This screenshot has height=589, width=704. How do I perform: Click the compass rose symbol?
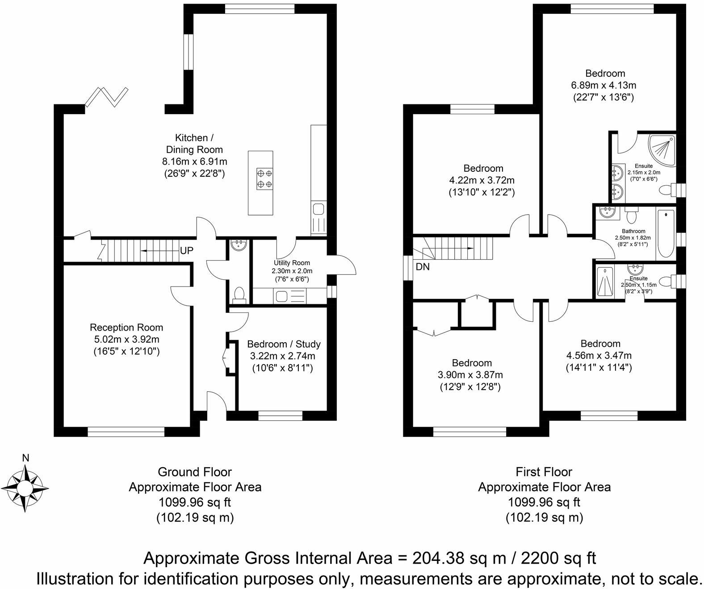point(25,488)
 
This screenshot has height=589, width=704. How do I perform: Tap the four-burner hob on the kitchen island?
point(265,179)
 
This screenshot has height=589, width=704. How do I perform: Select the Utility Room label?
point(292,263)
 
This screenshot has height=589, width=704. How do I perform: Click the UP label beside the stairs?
point(186,251)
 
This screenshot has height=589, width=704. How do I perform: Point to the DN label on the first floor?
point(423,267)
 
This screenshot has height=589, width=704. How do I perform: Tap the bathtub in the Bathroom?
point(666,233)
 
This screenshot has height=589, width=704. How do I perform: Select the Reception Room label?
point(126,328)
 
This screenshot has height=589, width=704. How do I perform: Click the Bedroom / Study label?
point(284,344)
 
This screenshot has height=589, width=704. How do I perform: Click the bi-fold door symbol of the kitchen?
point(107,97)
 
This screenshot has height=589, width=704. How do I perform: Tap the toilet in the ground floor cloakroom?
point(239,293)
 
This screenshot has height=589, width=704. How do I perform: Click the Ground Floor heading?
point(195,472)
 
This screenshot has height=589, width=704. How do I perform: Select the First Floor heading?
point(544,472)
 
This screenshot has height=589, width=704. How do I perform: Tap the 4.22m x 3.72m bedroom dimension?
point(482,180)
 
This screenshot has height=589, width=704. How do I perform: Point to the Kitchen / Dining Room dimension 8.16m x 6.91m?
point(195,162)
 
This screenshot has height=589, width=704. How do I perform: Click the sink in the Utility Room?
point(281,297)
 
